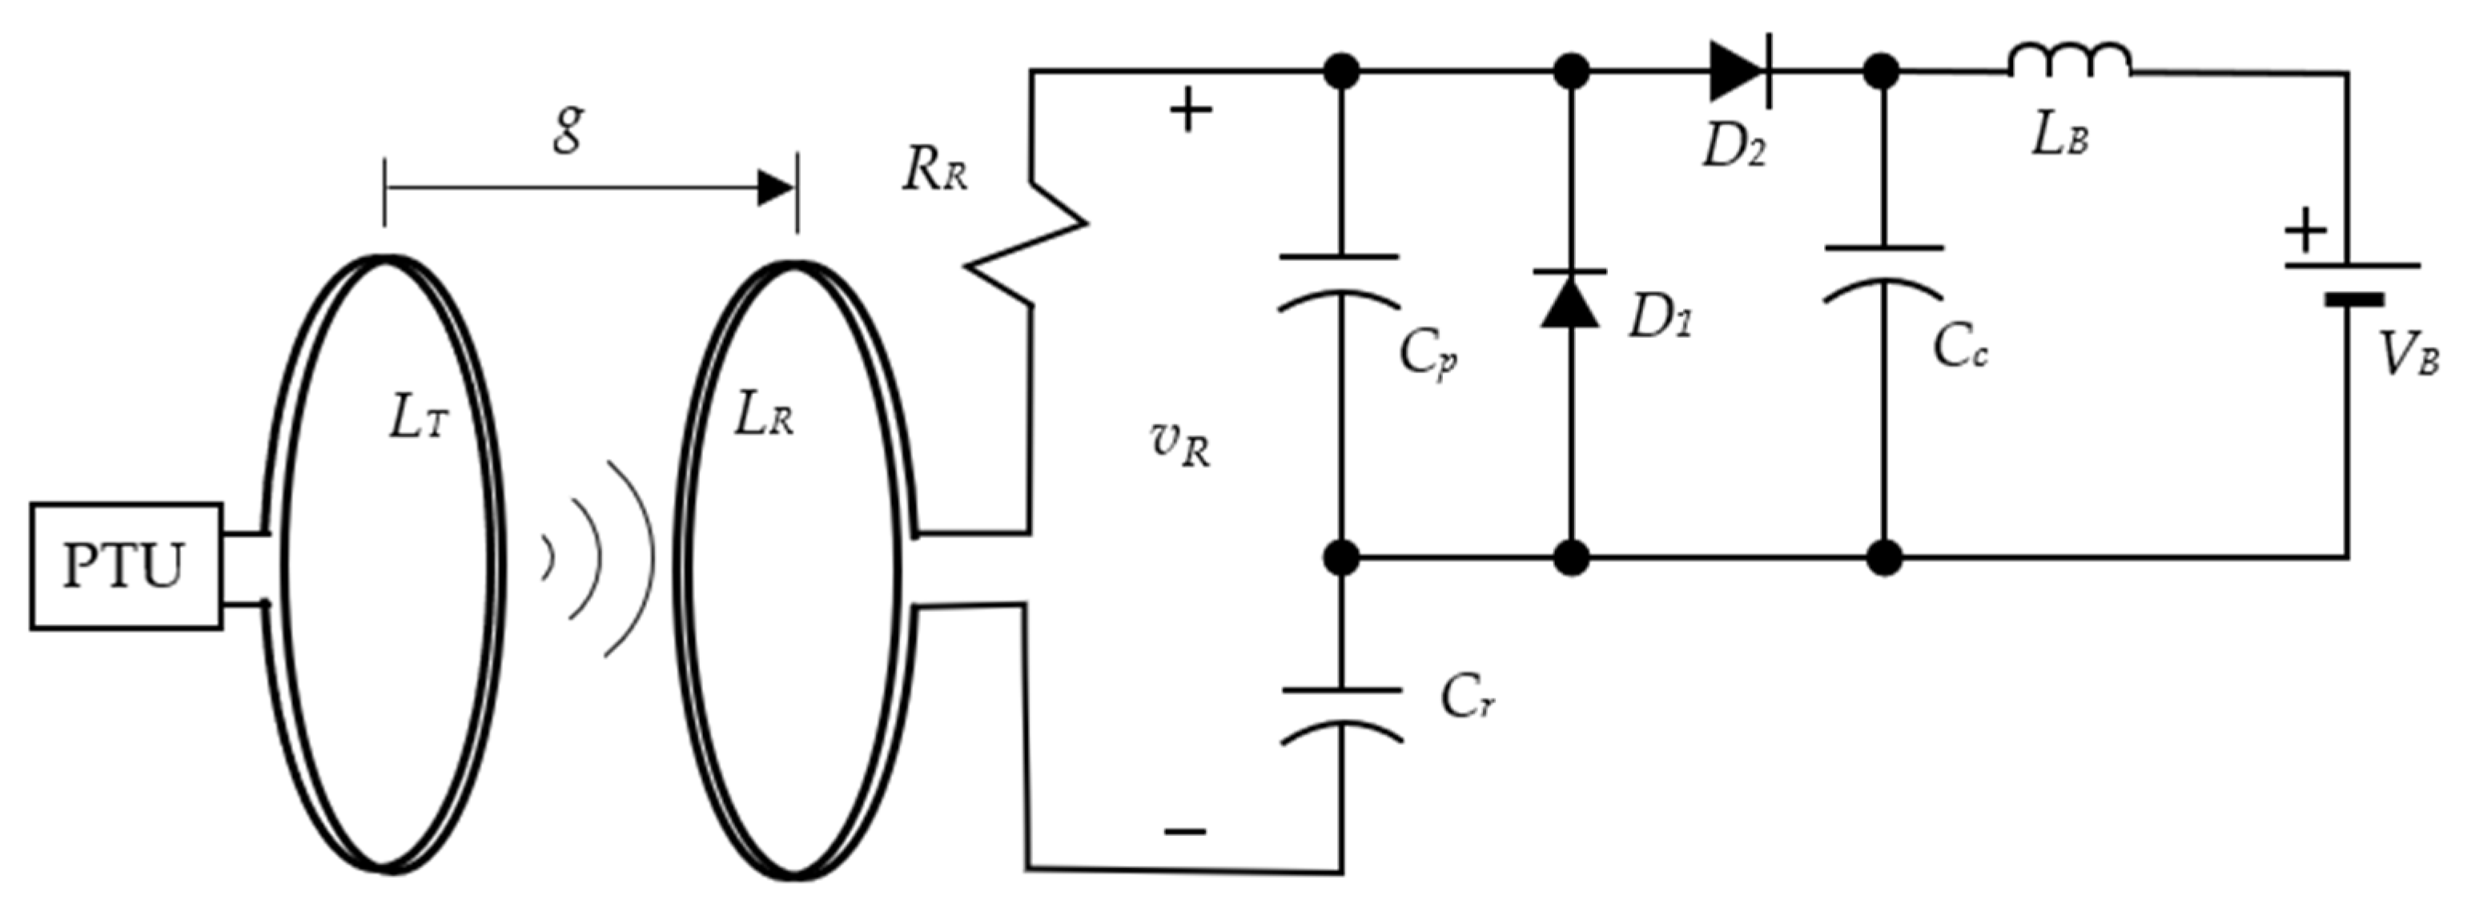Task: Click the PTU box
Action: [x=126, y=566]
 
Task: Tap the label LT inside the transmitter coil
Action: [x=418, y=420]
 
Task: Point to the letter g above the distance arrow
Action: [x=569, y=130]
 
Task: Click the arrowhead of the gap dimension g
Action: [x=775, y=188]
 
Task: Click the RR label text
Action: [x=934, y=173]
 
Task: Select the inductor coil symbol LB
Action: [x=2070, y=59]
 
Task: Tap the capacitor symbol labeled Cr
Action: [x=1342, y=715]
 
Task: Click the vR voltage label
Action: [x=1180, y=449]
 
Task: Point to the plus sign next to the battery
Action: [x=2306, y=231]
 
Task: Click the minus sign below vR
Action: [x=1186, y=830]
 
